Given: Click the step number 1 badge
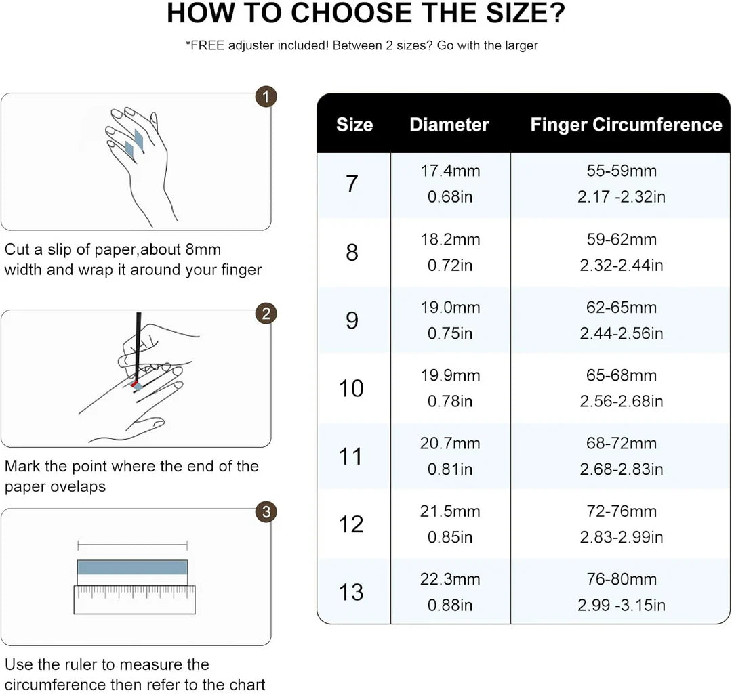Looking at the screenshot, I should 266,97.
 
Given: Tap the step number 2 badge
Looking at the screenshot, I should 266,314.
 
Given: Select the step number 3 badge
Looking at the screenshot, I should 266,512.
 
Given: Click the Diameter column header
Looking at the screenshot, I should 449,125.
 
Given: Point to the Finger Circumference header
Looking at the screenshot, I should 626,125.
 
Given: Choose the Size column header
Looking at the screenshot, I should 354,125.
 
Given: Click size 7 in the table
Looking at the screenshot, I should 352,184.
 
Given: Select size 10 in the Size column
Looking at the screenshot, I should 351,388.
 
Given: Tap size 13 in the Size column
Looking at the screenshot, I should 351,593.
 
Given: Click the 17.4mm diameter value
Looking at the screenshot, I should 450,171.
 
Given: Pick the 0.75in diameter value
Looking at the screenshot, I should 450,333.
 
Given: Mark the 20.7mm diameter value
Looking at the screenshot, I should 450,444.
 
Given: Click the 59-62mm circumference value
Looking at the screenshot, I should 621,239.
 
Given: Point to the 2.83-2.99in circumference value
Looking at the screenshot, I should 621,537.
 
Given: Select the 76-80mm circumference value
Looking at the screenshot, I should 621,579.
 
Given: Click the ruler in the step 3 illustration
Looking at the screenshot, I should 134,599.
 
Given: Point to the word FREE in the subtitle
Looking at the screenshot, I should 205,46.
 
